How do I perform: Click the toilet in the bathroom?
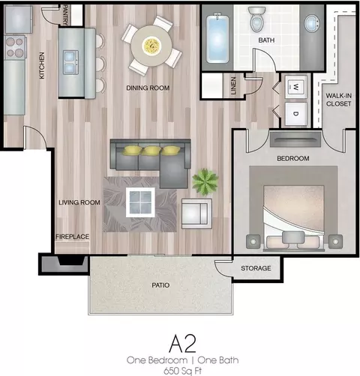coord(256,19)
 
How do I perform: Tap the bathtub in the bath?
coord(217,38)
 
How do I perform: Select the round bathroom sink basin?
coord(311,23)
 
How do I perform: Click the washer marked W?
coord(296,87)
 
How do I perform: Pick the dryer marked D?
coord(296,114)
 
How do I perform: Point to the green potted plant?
coord(205,182)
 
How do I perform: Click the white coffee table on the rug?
coord(140,202)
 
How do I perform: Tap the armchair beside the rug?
coord(196,213)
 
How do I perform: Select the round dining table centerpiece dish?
coord(151,46)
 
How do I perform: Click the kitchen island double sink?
coord(70,62)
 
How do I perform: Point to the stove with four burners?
coord(15,47)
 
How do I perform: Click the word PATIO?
coord(160,285)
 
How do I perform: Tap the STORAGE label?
coord(256,268)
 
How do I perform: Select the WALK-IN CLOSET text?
coord(338,100)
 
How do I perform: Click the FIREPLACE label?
coord(72,237)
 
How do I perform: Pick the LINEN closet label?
coord(233,85)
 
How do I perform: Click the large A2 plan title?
coord(182,344)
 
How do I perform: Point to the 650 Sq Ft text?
coord(183,371)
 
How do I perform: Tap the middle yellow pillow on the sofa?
coord(151,151)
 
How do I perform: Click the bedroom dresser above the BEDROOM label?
coord(295,139)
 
